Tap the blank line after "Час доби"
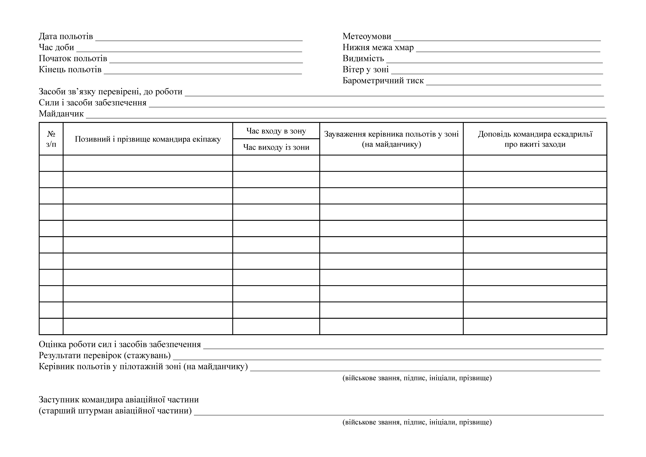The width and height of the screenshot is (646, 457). point(189,50)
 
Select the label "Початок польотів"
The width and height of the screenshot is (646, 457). point(73,59)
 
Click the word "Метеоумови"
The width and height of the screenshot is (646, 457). point(367,36)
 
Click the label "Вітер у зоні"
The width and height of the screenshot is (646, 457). point(365,70)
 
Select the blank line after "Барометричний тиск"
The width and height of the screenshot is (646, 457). point(514,83)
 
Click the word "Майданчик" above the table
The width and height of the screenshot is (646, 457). point(61,114)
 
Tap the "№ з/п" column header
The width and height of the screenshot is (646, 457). point(51,139)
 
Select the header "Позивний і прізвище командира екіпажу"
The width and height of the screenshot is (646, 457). point(148,139)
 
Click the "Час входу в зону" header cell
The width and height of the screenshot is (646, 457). point(276,131)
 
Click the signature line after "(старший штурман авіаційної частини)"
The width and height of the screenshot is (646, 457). point(399,413)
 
